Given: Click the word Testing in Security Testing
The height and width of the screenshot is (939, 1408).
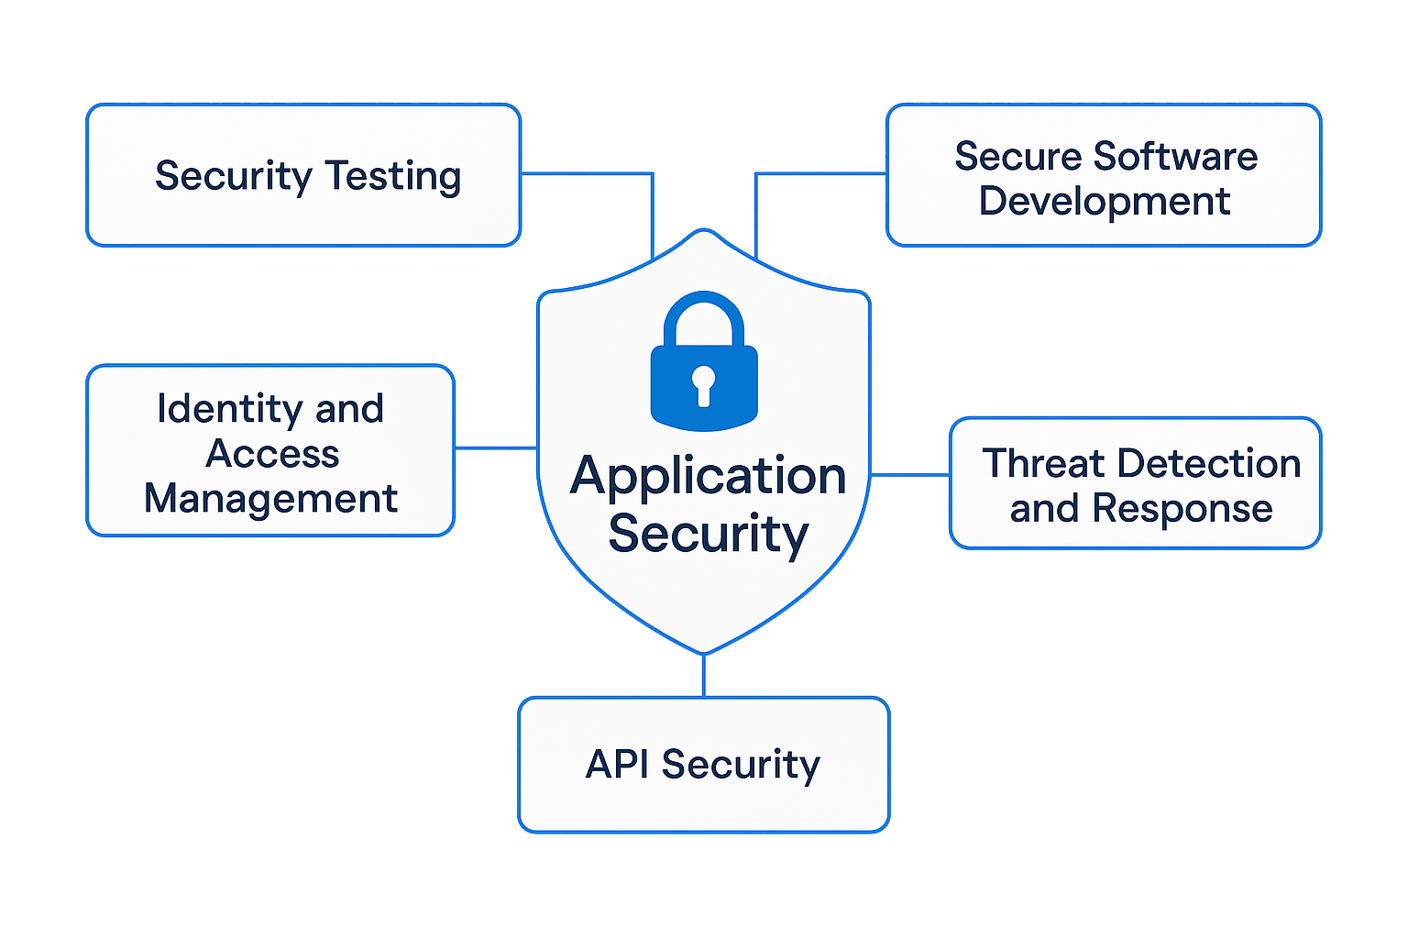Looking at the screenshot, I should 393,176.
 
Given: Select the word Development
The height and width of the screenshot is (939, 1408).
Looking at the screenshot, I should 1105,201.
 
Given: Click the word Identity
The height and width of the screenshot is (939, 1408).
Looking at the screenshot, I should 230,409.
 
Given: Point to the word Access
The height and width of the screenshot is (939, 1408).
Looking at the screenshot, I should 272,454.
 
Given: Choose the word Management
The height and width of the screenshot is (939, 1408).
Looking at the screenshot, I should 271,499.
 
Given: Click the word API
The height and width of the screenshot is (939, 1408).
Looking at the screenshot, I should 618,764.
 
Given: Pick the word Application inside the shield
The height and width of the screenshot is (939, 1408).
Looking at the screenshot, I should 708,477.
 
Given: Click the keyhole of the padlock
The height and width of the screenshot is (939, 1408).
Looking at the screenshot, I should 703,383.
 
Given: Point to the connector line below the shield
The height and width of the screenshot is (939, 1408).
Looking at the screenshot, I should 703,676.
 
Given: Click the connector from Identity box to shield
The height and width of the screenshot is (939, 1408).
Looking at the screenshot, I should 496,448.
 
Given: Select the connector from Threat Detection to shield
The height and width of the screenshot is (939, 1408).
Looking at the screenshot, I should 909,475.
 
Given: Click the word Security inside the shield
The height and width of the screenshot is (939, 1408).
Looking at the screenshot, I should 708,534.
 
